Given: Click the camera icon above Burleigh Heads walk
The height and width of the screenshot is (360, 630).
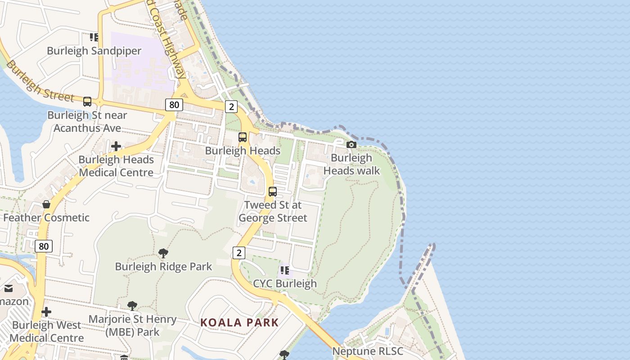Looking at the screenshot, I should pyautogui.click(x=351, y=144).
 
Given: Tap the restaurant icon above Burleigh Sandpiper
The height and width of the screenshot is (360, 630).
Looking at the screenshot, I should pyautogui.click(x=94, y=37).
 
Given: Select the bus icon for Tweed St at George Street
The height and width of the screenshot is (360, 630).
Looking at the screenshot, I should pyautogui.click(x=273, y=191).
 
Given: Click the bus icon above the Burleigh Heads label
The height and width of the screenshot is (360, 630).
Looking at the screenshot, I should pyautogui.click(x=243, y=137).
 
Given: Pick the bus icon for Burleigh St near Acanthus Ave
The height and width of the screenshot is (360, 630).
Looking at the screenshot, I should pyautogui.click(x=87, y=102).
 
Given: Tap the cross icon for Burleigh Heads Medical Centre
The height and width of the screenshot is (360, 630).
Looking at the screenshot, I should pyautogui.click(x=116, y=146).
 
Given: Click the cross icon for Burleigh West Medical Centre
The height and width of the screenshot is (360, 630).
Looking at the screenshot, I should pyautogui.click(x=46, y=312).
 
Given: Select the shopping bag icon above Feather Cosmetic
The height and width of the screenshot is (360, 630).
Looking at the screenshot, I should pyautogui.click(x=46, y=204).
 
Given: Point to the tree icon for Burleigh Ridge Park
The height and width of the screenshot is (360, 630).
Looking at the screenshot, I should pyautogui.click(x=163, y=253).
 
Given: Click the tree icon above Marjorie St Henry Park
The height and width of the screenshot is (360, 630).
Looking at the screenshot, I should pyautogui.click(x=132, y=306).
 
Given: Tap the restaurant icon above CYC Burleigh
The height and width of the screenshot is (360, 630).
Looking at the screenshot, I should pyautogui.click(x=284, y=270).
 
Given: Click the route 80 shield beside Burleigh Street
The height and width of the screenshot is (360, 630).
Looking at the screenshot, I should pyautogui.click(x=174, y=105).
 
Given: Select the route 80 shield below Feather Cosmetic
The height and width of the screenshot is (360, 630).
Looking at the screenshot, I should pyautogui.click(x=44, y=246).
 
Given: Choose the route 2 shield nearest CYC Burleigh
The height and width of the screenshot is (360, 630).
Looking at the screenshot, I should pyautogui.click(x=238, y=253).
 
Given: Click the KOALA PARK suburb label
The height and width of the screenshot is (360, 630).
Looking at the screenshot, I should pyautogui.click(x=239, y=322).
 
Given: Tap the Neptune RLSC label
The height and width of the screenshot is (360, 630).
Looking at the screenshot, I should pyautogui.click(x=368, y=351).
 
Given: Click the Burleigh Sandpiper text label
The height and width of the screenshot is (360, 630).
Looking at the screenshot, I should pyautogui.click(x=94, y=51).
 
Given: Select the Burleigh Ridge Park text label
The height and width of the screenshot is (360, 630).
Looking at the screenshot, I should pyautogui.click(x=163, y=266).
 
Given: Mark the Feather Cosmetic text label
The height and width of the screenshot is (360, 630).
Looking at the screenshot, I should pyautogui.click(x=46, y=218).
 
